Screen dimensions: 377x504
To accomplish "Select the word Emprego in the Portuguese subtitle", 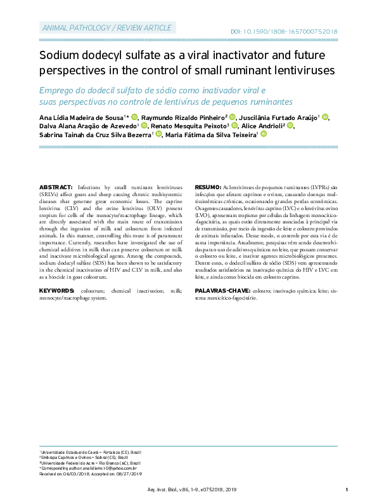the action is tap(60, 90).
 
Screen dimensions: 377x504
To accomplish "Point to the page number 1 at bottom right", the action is tap(347, 490).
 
